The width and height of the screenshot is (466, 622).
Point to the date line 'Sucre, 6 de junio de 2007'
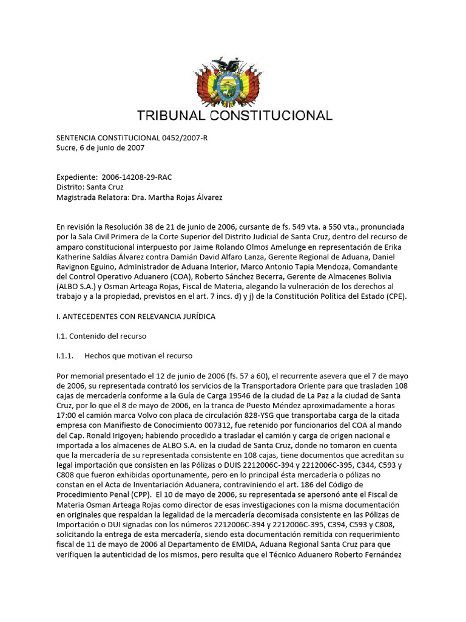100,148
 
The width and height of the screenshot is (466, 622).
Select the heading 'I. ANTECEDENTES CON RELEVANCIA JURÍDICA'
135,316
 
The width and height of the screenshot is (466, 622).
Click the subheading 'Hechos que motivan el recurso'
138,355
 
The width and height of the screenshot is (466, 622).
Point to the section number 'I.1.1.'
65,355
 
